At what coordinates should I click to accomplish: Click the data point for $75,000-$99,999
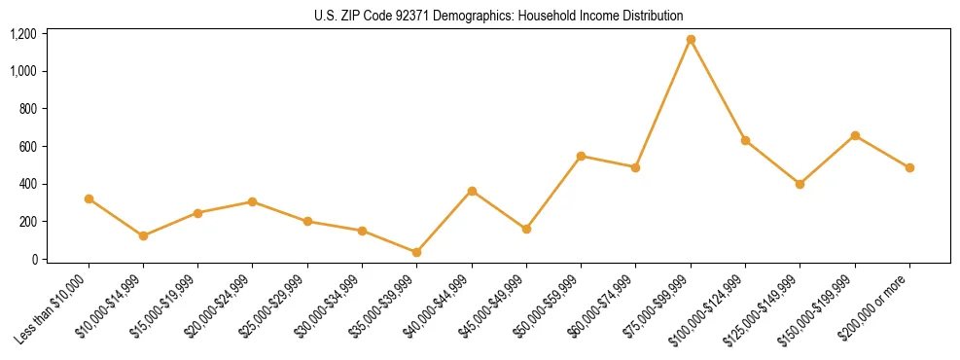point(691,40)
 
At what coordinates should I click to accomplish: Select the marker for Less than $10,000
point(89,198)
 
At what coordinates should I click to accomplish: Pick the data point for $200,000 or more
point(909,167)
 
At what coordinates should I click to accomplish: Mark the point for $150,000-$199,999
point(855,135)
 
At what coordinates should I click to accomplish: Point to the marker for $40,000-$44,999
point(472,191)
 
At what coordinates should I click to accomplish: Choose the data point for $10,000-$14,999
point(143,235)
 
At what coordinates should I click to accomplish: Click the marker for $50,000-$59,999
point(581,156)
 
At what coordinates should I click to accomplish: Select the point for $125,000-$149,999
point(800,184)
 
